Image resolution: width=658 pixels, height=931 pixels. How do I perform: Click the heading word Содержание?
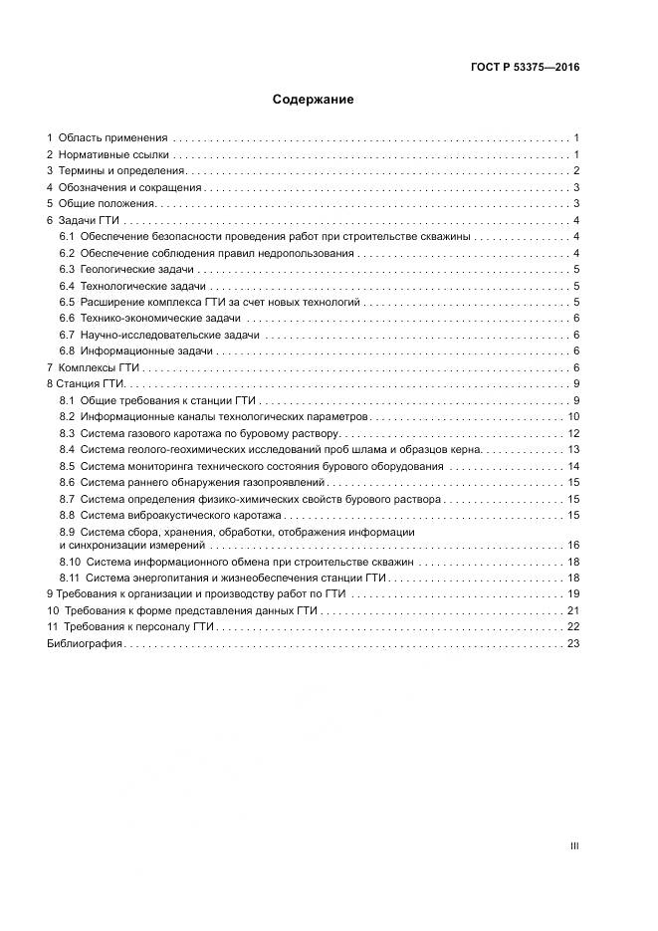pyautogui.click(x=314, y=100)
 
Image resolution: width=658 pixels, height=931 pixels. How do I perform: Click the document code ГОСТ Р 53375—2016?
pyautogui.click(x=526, y=68)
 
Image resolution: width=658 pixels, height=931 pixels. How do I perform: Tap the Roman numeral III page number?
pyautogui.click(x=574, y=845)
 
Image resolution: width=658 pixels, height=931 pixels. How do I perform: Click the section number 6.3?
pyautogui.click(x=68, y=270)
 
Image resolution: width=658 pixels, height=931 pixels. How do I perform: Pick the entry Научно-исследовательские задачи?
pyautogui.click(x=170, y=335)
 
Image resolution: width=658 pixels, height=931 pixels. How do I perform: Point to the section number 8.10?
pyautogui.click(x=70, y=563)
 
